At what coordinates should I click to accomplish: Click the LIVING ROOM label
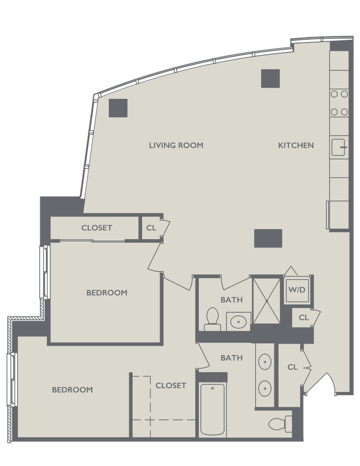coord(176,145)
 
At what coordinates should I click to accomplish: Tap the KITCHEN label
coord(295,145)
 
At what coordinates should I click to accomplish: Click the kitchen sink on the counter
coord(338,147)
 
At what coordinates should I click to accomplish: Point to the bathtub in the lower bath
coord(212,408)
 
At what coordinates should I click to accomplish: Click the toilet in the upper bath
coord(212,319)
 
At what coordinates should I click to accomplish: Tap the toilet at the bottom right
coord(281,423)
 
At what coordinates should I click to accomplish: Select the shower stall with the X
coord(266,300)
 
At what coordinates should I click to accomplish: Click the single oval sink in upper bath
coord(239,320)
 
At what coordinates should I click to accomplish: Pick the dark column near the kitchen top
coord(271,78)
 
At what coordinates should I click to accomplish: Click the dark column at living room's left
coord(118,108)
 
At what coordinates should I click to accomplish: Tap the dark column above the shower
coord(268,238)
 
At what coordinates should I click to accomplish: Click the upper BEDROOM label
coord(107,293)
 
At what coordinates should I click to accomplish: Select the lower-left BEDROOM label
coord(72,390)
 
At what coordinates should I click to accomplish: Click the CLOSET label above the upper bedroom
coord(97,227)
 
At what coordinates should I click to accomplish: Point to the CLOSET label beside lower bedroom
coord(171,385)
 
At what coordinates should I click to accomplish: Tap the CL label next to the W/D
coord(303,317)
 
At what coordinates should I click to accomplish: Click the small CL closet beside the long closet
coord(150,227)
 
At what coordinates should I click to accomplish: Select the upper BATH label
coord(231,300)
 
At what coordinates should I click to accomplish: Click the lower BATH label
coord(231,358)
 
